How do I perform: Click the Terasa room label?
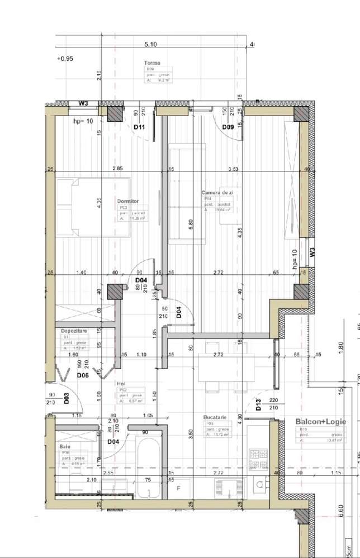(x=152, y=63)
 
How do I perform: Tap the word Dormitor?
(x=128, y=201)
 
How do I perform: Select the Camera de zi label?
(x=216, y=193)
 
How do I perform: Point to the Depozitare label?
(x=74, y=331)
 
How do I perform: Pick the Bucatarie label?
(x=215, y=417)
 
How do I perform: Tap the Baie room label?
(x=65, y=447)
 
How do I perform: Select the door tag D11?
(x=140, y=127)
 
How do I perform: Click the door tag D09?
(x=228, y=127)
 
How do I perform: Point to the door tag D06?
(x=83, y=375)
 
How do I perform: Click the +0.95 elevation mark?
(x=65, y=58)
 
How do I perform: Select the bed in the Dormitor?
(x=93, y=207)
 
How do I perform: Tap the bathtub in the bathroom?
(x=149, y=467)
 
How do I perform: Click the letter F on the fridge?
(x=178, y=488)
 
